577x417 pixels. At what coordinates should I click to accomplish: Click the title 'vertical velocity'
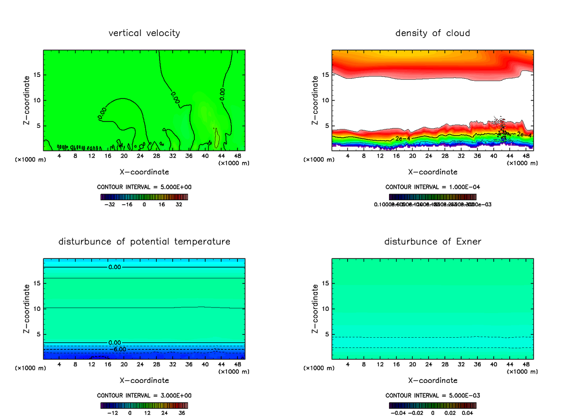click(144, 33)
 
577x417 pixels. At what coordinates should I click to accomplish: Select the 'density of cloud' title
click(432, 33)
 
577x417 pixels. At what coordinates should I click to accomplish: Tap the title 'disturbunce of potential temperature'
click(144, 241)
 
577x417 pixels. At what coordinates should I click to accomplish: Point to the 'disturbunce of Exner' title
click(432, 241)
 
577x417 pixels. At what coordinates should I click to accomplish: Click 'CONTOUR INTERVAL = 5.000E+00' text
click(144, 187)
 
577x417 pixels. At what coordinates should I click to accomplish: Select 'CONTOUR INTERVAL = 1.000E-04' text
click(432, 187)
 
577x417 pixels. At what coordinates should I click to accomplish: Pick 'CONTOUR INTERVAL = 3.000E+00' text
click(144, 395)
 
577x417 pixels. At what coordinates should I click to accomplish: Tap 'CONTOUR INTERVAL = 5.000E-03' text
click(432, 395)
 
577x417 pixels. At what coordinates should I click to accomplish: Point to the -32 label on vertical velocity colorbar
click(110, 204)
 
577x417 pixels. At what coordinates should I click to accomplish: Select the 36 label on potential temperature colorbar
click(182, 413)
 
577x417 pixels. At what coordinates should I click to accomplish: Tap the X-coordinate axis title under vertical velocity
click(144, 172)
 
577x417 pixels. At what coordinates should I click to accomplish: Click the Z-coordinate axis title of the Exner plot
click(315, 308)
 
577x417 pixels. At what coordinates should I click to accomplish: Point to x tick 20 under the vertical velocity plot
click(124, 156)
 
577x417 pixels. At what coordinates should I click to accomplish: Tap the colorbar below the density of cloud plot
click(432, 197)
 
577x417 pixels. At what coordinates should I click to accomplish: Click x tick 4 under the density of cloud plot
click(348, 156)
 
